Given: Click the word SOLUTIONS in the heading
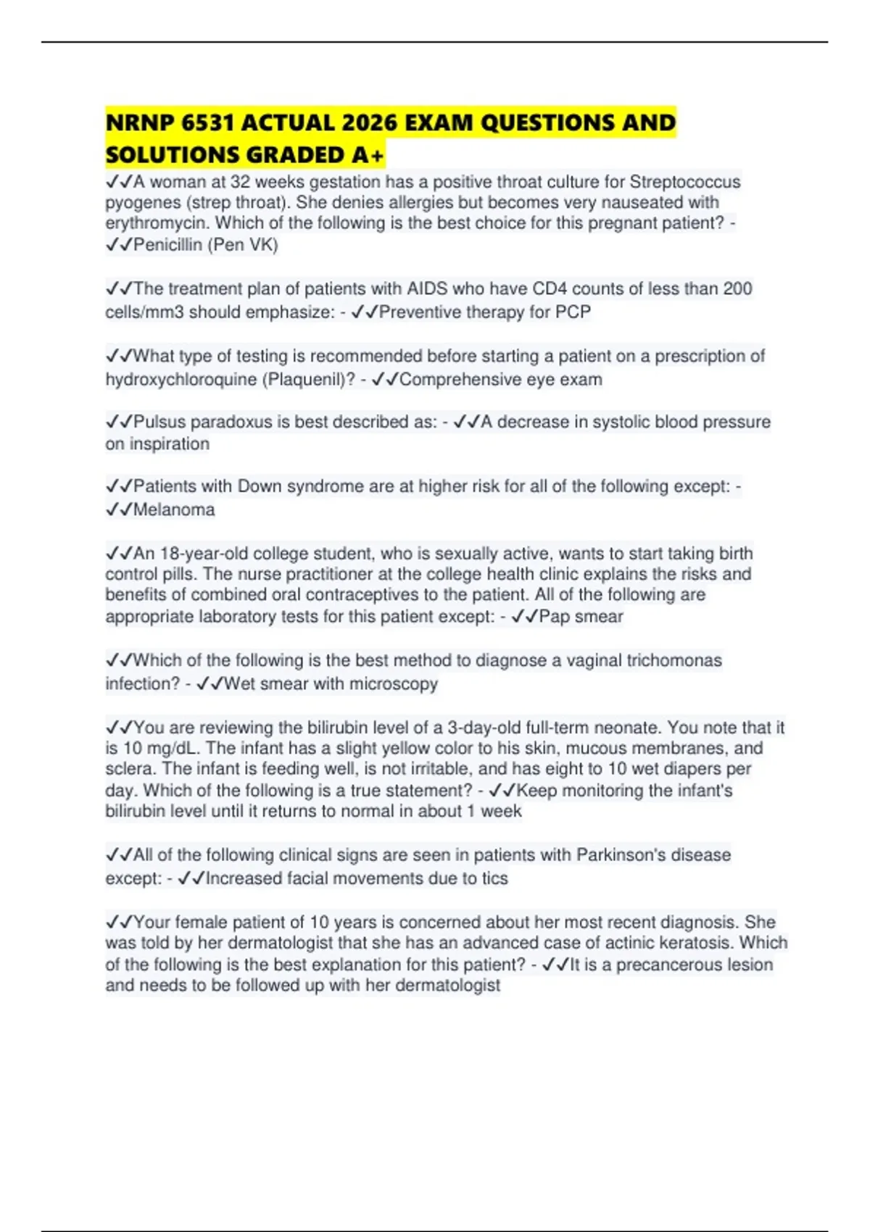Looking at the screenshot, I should coord(173,155).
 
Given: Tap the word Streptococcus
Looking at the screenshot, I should coord(685,182).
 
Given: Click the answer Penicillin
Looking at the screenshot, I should coord(167,245).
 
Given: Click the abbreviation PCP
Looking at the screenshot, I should coord(573,312).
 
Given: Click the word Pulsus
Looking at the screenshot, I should coord(159,422).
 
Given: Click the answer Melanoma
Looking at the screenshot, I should coord(174,510).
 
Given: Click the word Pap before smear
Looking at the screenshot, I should coord(554,617).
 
